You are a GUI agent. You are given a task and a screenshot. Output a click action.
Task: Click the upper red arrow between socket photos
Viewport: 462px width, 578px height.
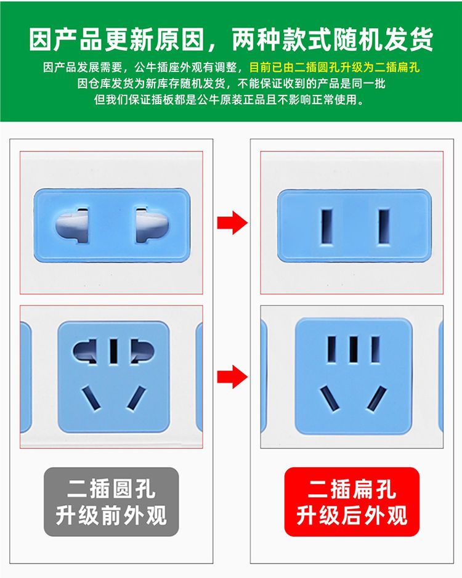tap(232, 222)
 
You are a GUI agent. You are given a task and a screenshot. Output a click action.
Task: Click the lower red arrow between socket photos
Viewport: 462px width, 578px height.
tap(232, 377)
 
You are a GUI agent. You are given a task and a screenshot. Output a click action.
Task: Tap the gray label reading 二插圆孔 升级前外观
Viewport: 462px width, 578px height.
tap(111, 502)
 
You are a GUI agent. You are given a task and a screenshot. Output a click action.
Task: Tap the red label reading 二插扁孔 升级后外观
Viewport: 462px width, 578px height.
tap(352, 502)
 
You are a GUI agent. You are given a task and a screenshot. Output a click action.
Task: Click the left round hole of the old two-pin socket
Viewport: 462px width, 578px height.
tap(73, 226)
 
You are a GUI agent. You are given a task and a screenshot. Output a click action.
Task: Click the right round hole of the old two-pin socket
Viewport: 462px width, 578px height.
tap(152, 226)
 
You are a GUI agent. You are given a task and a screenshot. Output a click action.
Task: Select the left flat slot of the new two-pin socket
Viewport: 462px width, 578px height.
tap(327, 226)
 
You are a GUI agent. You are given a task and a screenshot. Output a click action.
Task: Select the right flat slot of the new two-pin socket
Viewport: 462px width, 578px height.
tap(384, 226)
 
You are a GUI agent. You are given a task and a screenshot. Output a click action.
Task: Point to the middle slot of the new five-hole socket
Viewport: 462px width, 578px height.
tap(354, 349)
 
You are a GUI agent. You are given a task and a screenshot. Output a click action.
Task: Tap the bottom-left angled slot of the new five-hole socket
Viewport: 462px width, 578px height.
tap(330, 399)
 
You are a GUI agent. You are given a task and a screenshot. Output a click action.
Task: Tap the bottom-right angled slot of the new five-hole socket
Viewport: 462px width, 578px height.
tap(376, 399)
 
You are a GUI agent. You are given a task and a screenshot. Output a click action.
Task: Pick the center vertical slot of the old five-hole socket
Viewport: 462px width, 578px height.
tap(114, 351)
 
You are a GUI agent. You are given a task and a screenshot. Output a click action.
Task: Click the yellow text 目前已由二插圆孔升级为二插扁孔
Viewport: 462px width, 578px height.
tap(334, 67)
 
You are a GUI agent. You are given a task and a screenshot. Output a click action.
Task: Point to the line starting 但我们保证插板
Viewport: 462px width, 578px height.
tap(229, 99)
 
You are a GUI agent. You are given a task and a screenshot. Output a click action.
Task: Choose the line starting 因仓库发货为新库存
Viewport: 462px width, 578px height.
tap(231, 83)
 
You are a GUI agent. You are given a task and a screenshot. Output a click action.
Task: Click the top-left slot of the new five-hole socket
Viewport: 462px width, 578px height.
tap(332, 349)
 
